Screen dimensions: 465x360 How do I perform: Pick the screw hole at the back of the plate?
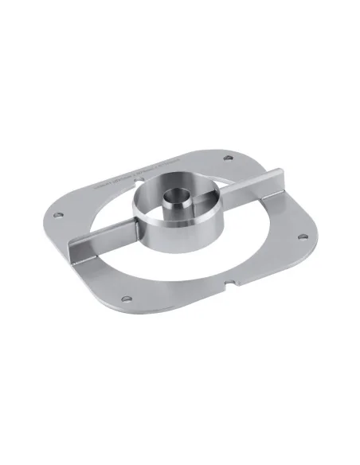(229, 156)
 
